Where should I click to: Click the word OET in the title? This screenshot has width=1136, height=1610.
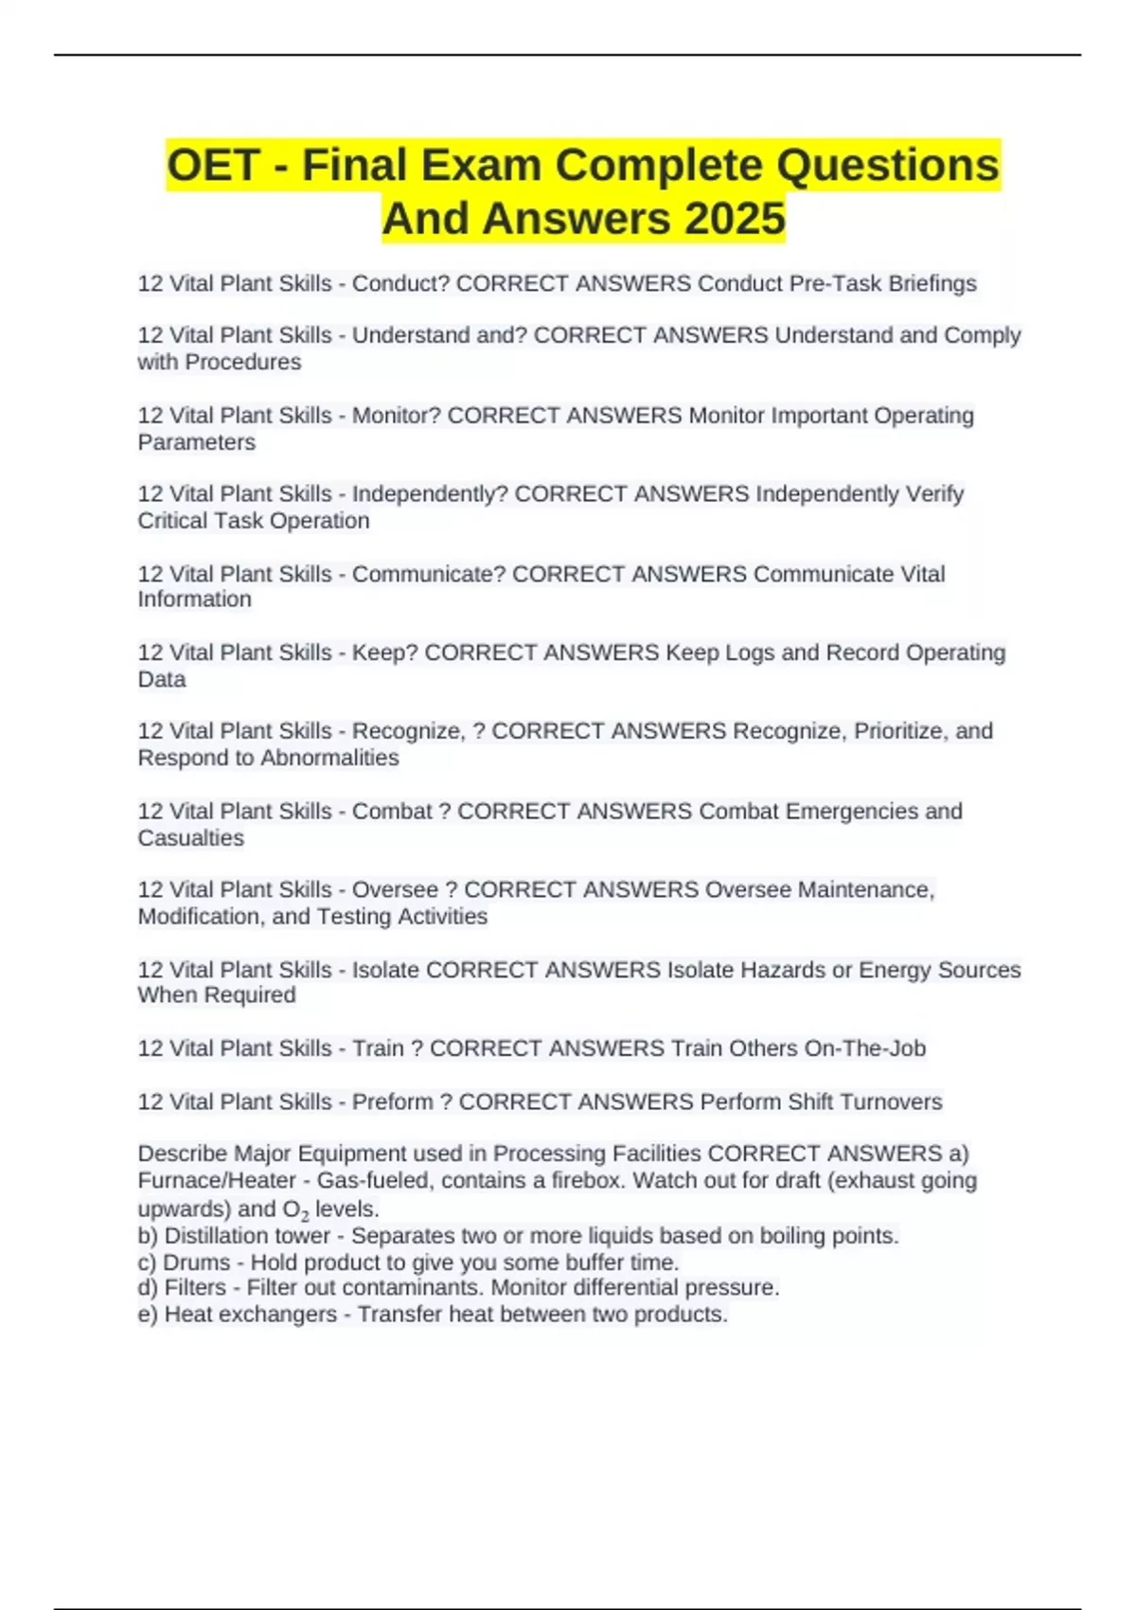click(x=213, y=166)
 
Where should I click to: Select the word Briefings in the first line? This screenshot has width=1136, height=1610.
click(x=932, y=284)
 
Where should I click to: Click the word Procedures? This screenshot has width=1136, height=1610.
click(x=242, y=363)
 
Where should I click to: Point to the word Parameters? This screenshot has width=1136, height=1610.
click(x=196, y=442)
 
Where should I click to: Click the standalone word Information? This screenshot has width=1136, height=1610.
click(x=194, y=599)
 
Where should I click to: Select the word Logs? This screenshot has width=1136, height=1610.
click(x=750, y=653)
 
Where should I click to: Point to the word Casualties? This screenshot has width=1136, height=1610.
click(x=190, y=838)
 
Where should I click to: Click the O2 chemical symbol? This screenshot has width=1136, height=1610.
click(x=295, y=1210)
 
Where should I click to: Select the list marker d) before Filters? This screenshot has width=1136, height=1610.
click(x=148, y=1288)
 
